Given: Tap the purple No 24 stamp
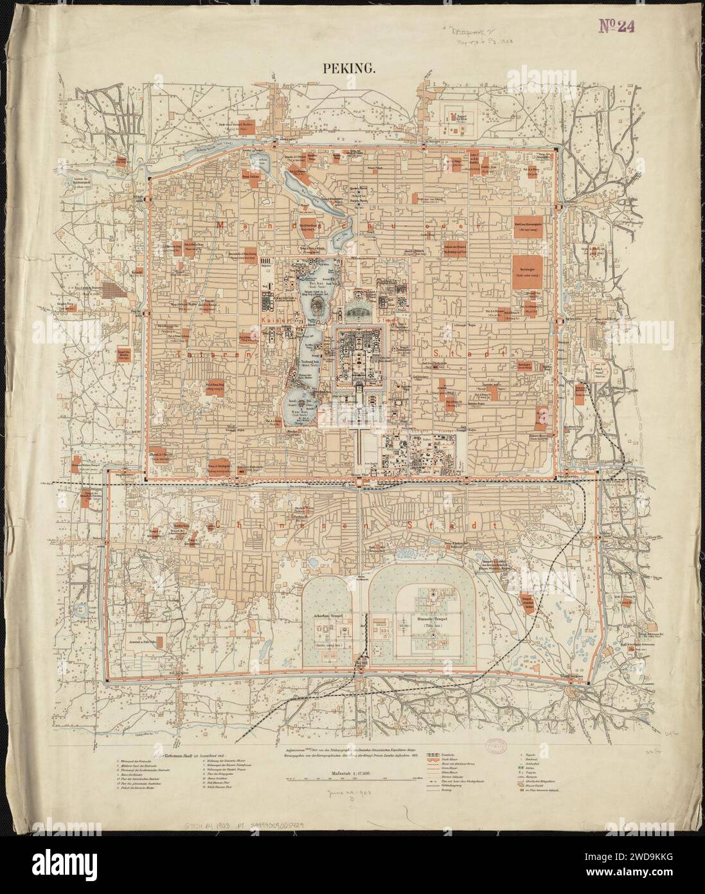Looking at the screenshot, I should click(618, 25).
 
